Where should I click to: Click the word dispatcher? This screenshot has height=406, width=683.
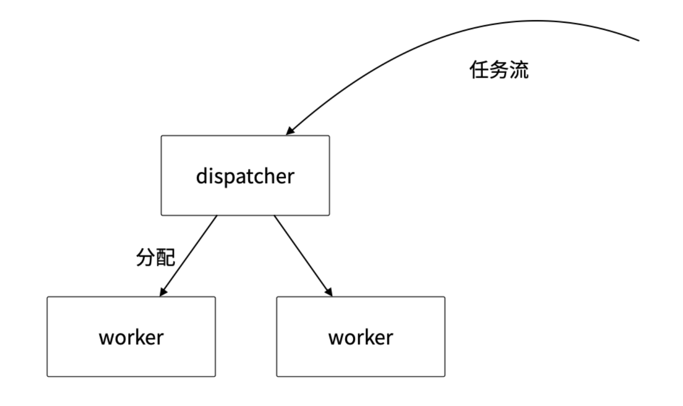click(245, 177)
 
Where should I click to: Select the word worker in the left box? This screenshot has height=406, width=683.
click(131, 338)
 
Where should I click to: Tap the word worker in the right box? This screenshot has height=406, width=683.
click(361, 338)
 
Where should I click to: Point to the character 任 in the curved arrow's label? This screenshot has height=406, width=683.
click(479, 70)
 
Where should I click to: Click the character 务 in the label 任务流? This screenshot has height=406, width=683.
click(499, 70)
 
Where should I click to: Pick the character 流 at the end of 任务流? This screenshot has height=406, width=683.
click(519, 70)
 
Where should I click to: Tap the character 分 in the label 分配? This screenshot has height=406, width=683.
click(146, 257)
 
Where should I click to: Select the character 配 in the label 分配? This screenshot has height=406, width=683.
click(166, 257)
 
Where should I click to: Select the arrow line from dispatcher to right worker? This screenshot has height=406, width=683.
click(303, 255)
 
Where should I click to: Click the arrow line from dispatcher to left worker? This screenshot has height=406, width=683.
click(189, 255)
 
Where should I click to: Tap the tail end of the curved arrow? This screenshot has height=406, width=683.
click(639, 40)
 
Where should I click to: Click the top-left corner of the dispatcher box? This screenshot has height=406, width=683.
click(161, 136)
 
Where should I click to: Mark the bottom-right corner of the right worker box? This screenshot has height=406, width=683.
click(445, 376)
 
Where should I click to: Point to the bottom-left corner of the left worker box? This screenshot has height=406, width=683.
click(47, 376)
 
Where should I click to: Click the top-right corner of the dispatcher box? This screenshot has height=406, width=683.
click(330, 136)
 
